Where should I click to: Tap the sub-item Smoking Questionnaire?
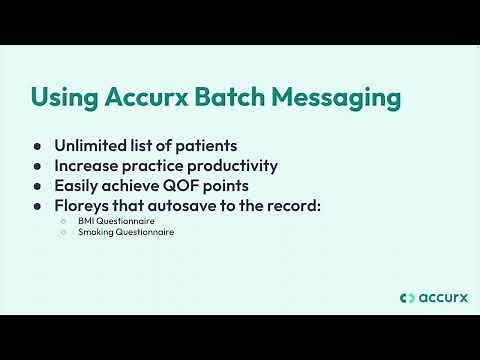point(126,231)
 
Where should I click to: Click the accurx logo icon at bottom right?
point(405,297)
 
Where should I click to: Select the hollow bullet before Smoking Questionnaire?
point(63,231)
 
